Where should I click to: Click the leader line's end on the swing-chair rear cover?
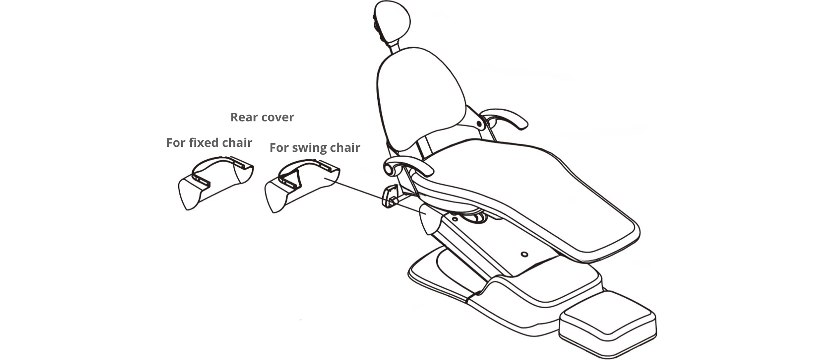point(325,179)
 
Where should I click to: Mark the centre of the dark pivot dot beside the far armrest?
point(479,123)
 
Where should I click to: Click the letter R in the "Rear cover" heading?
point(235,117)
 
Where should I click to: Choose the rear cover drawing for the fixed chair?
point(216,183)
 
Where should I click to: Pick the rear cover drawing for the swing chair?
point(302,186)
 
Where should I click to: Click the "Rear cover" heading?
point(262,117)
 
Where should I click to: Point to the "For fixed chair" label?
point(209,143)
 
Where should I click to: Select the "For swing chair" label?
point(315,148)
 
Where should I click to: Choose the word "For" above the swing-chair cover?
point(278,148)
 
